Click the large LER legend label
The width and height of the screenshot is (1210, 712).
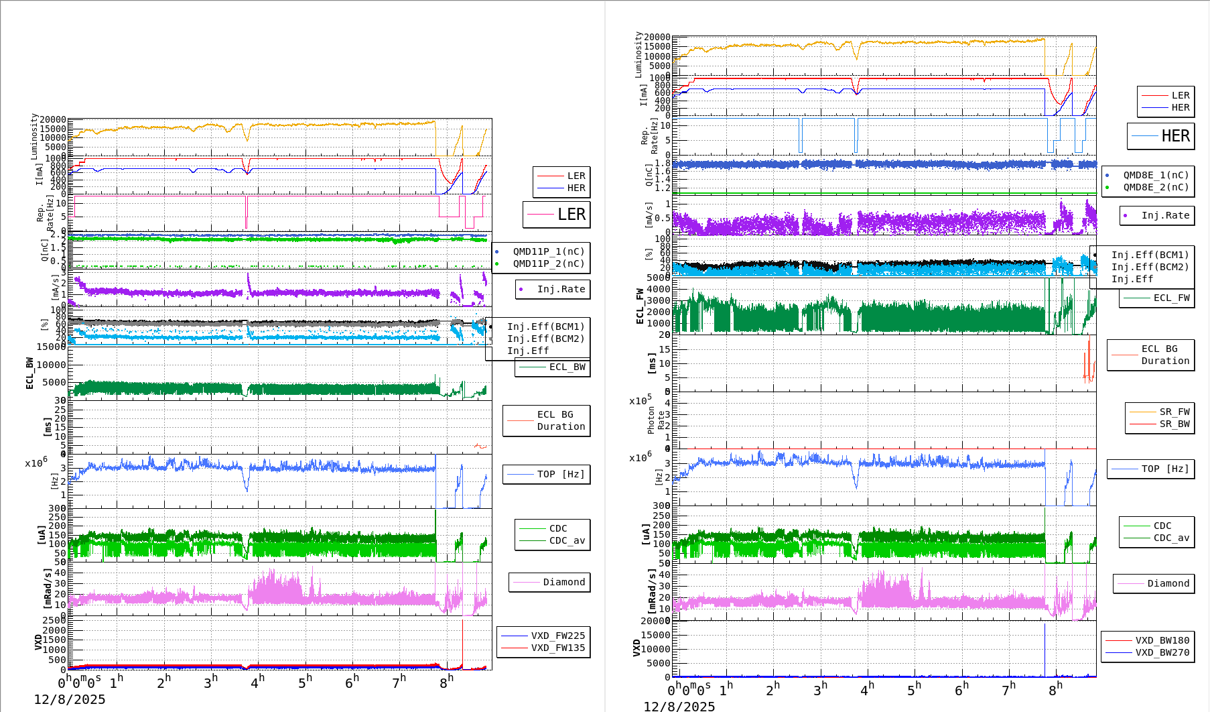tap(571, 215)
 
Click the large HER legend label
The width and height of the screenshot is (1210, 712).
tap(1175, 136)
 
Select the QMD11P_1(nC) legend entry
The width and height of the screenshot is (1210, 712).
tap(548, 251)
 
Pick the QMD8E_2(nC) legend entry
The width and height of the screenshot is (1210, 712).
tap(1156, 187)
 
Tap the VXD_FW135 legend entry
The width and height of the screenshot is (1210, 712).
tap(557, 648)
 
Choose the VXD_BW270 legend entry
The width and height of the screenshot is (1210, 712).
tap(1162, 652)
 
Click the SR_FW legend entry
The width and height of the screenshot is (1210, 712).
tap(1174, 412)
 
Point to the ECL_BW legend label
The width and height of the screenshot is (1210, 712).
tap(567, 367)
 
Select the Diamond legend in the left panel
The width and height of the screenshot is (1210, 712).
tap(563, 582)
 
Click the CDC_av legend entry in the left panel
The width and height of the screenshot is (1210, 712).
tap(567, 540)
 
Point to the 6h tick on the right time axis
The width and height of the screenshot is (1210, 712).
tap(961, 689)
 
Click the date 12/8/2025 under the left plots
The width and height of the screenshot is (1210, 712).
tap(70, 699)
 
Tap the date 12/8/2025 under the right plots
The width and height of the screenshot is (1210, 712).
tap(679, 706)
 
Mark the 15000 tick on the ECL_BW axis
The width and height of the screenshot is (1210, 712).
tap(51, 347)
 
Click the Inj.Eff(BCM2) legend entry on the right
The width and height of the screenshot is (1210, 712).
tap(1150, 267)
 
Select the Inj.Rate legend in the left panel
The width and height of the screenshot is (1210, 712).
tap(561, 289)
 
